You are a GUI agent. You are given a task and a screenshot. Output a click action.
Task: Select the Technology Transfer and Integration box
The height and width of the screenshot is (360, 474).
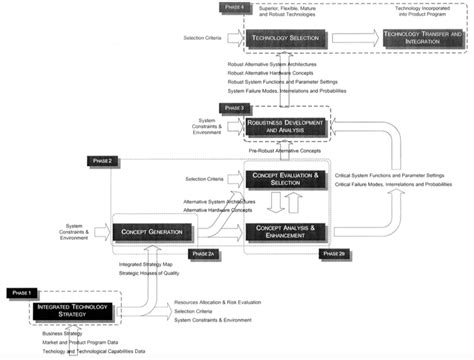pyautogui.click(x=422, y=37)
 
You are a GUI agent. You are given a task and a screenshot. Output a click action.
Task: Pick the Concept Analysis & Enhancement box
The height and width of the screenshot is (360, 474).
pyautogui.click(x=285, y=231)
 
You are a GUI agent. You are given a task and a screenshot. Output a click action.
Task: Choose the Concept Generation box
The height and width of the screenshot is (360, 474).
pyautogui.click(x=151, y=232)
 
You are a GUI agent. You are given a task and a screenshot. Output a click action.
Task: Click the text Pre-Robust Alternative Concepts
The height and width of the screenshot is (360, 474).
pyautogui.click(x=291, y=151)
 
